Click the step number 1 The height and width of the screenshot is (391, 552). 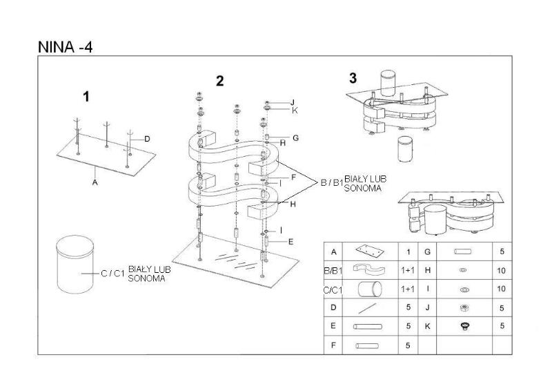pyautogui.click(x=86, y=97)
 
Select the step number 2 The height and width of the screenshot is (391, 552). pyautogui.click(x=219, y=81)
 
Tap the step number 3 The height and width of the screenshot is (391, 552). pyautogui.click(x=353, y=78)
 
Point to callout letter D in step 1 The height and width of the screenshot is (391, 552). pyautogui.click(x=147, y=139)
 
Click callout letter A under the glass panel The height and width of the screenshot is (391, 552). pyautogui.click(x=95, y=182)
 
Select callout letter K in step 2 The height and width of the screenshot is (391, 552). pyautogui.click(x=295, y=110)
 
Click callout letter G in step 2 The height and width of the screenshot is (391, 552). pyautogui.click(x=295, y=137)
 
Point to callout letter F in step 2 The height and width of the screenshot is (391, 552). pyautogui.click(x=293, y=178)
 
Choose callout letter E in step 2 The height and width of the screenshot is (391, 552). pyautogui.click(x=290, y=242)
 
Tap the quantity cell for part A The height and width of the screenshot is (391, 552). pyautogui.click(x=408, y=252)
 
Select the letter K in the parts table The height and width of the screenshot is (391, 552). pyautogui.click(x=428, y=326)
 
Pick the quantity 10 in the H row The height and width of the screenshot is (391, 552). pyautogui.click(x=502, y=271)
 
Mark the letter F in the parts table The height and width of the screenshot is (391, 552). pyautogui.click(x=334, y=345)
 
